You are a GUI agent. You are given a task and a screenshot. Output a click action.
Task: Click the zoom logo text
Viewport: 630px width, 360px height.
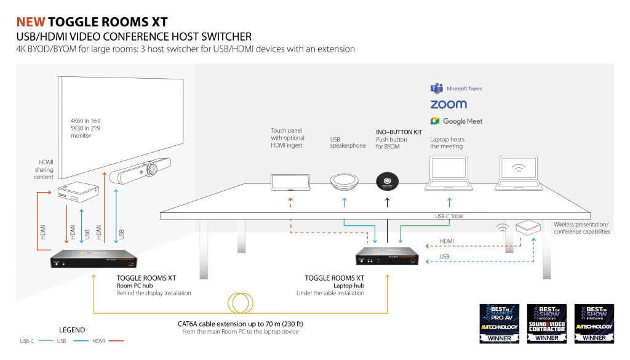(449, 105)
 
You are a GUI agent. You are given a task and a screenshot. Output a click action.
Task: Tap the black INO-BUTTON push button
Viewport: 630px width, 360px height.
(387, 182)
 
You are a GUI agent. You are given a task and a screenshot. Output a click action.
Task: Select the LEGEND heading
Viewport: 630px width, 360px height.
(72, 330)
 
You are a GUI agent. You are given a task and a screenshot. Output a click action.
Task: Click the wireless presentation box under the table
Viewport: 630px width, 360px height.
(527, 227)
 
